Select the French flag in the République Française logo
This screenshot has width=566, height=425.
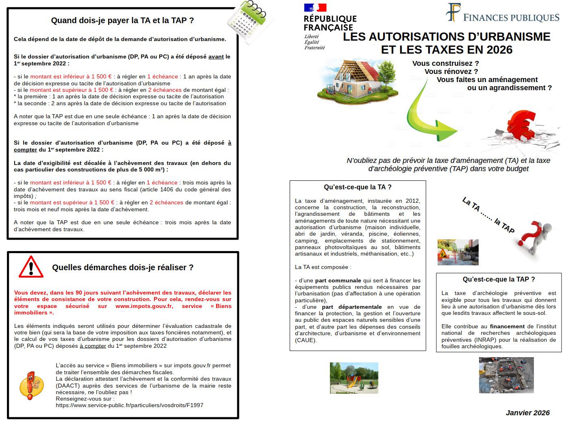(x=315, y=8)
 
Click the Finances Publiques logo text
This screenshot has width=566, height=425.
(x=511, y=17)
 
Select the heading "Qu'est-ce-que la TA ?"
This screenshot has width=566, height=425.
(x=358, y=187)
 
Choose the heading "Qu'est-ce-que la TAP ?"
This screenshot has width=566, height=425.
(x=499, y=279)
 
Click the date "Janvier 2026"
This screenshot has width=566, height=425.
(x=527, y=413)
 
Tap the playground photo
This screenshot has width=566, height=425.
(x=354, y=378)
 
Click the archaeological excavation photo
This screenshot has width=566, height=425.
(x=506, y=375)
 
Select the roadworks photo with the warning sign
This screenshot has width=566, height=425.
(x=458, y=252)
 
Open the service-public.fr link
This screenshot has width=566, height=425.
(x=129, y=405)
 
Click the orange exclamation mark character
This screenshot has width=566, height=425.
(x=31, y=384)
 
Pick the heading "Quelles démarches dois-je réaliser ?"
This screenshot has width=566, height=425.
(x=122, y=267)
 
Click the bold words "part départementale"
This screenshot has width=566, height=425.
(x=352, y=307)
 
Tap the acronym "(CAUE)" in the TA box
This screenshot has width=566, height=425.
(x=306, y=340)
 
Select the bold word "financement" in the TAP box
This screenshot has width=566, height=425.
(x=507, y=326)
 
